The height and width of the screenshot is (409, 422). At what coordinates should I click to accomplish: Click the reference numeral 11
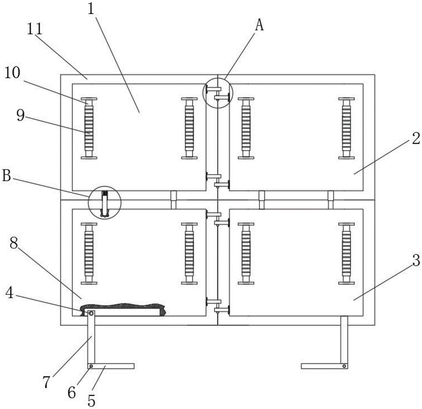[x=35, y=29]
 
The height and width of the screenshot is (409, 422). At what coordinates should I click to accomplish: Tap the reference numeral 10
[x=12, y=73]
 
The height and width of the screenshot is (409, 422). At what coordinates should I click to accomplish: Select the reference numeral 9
[x=20, y=116]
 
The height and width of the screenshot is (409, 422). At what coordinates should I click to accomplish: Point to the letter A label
[x=259, y=26]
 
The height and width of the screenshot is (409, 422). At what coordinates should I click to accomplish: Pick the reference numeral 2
[x=416, y=139]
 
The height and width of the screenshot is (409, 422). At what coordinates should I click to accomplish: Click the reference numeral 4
[x=10, y=293]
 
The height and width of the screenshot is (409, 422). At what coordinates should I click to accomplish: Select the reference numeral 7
[x=46, y=383]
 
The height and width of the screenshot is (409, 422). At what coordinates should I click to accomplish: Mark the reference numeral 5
[x=92, y=401]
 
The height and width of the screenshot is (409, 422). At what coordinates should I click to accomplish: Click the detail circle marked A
[x=217, y=93]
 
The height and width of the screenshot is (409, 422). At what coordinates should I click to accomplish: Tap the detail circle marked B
[x=105, y=203]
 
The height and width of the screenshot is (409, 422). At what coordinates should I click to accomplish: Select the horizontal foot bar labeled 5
[x=111, y=366]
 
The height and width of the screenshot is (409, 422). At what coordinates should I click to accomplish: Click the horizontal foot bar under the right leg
[x=324, y=366]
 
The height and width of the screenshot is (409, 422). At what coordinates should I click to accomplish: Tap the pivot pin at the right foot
[x=344, y=366]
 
